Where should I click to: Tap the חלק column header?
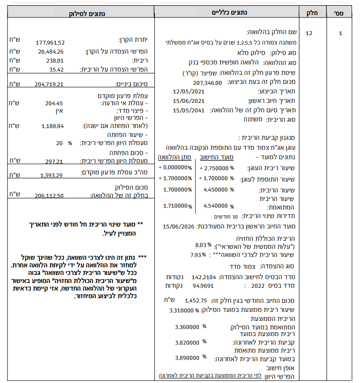(x=310, y=9)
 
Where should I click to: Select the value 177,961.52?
(x=50, y=43)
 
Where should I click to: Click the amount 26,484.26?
(x=50, y=52)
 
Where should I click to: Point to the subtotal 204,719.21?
(x=50, y=84)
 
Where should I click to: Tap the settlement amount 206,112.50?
(x=50, y=195)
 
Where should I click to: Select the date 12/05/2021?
(x=189, y=92)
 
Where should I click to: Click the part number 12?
(x=309, y=34)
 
